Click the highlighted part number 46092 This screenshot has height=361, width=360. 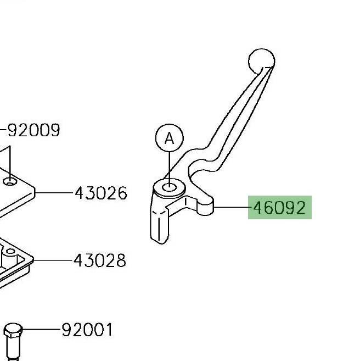pyautogui.click(x=279, y=208)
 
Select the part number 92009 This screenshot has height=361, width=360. pyautogui.click(x=34, y=130)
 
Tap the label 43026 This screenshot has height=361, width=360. pyautogui.click(x=101, y=193)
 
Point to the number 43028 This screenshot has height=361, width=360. pyautogui.click(x=100, y=260)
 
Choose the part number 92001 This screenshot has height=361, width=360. pyautogui.click(x=88, y=330)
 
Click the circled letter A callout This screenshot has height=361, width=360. pyautogui.click(x=170, y=138)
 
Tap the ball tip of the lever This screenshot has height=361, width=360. pyautogui.click(x=262, y=61)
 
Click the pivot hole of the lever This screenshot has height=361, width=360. pyautogui.click(x=170, y=187)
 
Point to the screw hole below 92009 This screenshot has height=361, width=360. pyautogui.click(x=10, y=182)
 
